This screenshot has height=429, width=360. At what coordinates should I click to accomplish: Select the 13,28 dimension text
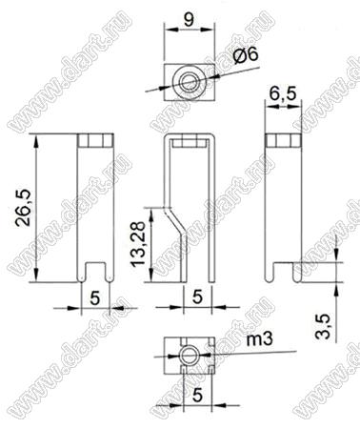pos(139,244)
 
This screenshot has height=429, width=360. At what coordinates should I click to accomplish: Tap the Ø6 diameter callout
pos(245,54)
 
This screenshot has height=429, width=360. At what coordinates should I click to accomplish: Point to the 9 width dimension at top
pos(189,20)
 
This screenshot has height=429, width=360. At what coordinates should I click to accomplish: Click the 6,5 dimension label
pos(283,93)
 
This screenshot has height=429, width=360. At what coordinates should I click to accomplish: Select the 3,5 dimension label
pos(323,325)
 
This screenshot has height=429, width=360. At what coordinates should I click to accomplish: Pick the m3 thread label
pos(259,339)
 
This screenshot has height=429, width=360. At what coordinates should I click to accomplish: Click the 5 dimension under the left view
pos(95,298)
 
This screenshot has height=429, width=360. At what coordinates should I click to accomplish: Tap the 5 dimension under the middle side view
pos(197,297)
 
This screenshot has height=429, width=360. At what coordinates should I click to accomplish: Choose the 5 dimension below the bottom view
pos(197,396)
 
